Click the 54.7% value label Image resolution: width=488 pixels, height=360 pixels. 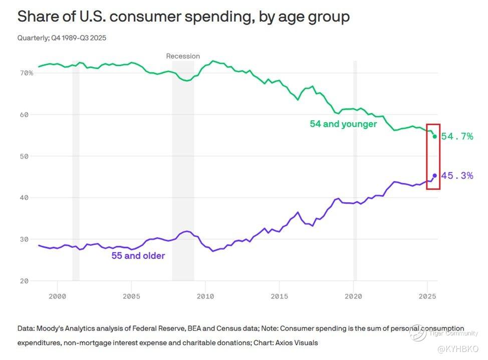click(457, 136)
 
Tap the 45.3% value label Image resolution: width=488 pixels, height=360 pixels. click(457, 176)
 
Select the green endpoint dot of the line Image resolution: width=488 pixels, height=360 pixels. click(434, 136)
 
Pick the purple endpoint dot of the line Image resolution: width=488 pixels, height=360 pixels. click(434, 176)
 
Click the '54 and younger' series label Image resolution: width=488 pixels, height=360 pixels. click(343, 124)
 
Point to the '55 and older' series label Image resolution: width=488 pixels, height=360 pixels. click(138, 256)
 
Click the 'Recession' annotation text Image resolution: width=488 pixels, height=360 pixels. click(183, 56)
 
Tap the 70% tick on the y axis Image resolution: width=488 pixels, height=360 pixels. click(27, 73)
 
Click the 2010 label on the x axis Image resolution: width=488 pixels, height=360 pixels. click(205, 296)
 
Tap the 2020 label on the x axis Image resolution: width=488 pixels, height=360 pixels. click(353, 296)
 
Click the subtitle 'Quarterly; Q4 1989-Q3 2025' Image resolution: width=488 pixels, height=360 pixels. click(62, 38)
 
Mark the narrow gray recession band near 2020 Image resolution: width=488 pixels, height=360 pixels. click(355, 170)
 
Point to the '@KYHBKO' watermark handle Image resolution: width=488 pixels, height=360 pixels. click(458, 348)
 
